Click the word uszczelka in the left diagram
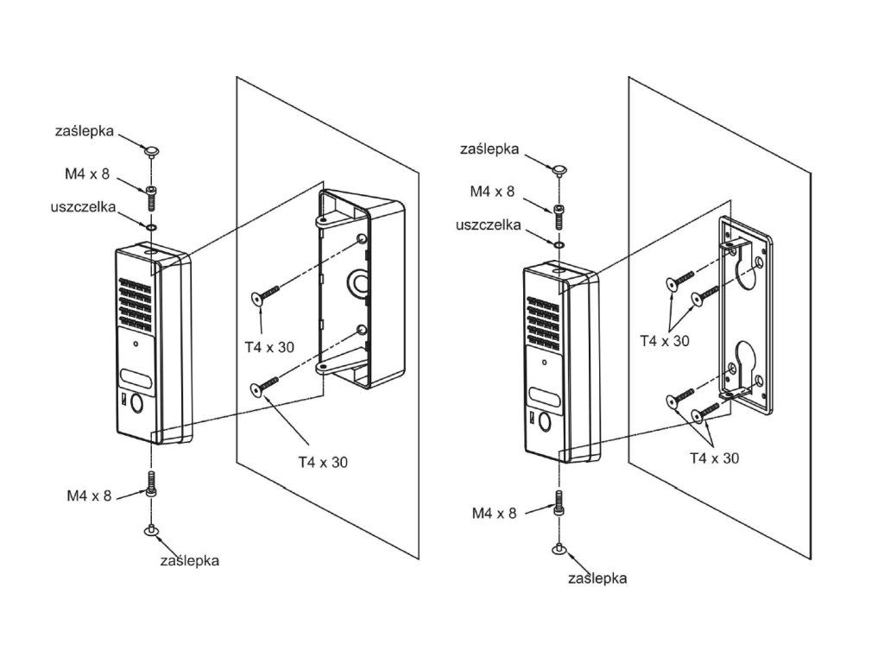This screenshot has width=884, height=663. (x=84, y=207)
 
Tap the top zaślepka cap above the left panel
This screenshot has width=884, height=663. (x=151, y=151)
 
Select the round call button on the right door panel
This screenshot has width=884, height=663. (x=546, y=421)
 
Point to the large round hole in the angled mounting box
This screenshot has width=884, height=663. (x=358, y=283)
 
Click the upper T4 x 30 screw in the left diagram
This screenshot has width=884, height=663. (x=266, y=294)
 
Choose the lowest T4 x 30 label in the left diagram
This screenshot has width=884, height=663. (x=323, y=463)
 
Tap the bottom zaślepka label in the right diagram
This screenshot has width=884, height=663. (x=597, y=578)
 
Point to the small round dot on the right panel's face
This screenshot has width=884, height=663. (x=544, y=363)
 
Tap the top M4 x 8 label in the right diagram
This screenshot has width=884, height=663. (x=493, y=192)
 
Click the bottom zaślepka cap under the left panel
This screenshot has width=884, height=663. (x=151, y=530)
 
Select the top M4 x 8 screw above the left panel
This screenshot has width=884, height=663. (x=151, y=198)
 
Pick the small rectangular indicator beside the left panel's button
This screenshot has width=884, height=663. (x=124, y=400)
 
